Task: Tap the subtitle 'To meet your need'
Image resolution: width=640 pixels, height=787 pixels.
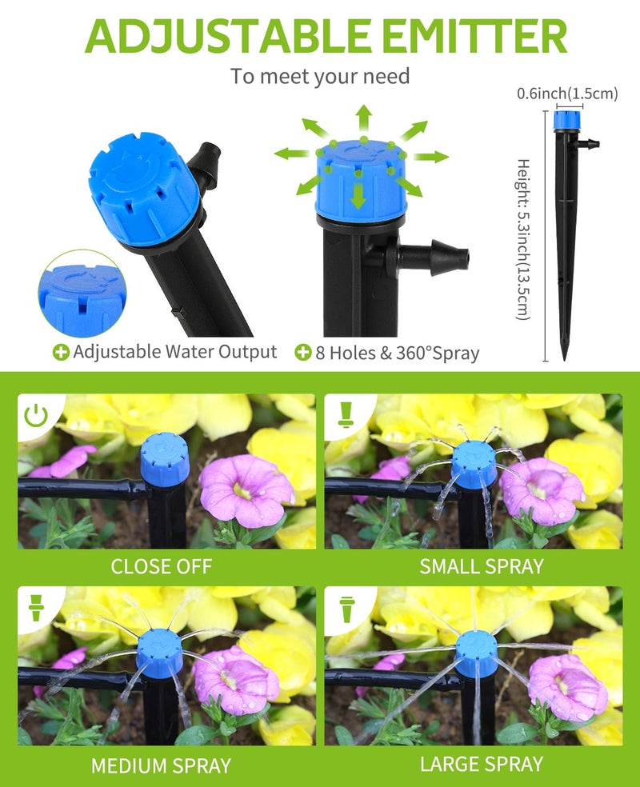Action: point(320,77)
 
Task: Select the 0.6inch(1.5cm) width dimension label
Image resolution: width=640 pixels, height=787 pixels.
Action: point(567,94)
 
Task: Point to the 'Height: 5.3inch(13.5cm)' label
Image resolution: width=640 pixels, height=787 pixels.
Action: point(522,240)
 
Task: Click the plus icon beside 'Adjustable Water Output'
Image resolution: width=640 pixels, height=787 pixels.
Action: point(61,353)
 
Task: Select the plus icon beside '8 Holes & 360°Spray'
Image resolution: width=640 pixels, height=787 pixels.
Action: point(302,353)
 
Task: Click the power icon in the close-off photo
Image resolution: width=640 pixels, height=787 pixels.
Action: point(35,415)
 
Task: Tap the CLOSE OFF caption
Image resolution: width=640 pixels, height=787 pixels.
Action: point(162,567)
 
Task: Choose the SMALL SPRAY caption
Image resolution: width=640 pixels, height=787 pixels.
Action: point(482,567)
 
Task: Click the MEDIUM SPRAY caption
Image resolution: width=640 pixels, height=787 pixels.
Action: point(161,765)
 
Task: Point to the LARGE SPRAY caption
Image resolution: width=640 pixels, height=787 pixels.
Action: point(482,764)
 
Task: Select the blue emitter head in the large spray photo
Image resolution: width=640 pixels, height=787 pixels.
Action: point(477,653)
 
